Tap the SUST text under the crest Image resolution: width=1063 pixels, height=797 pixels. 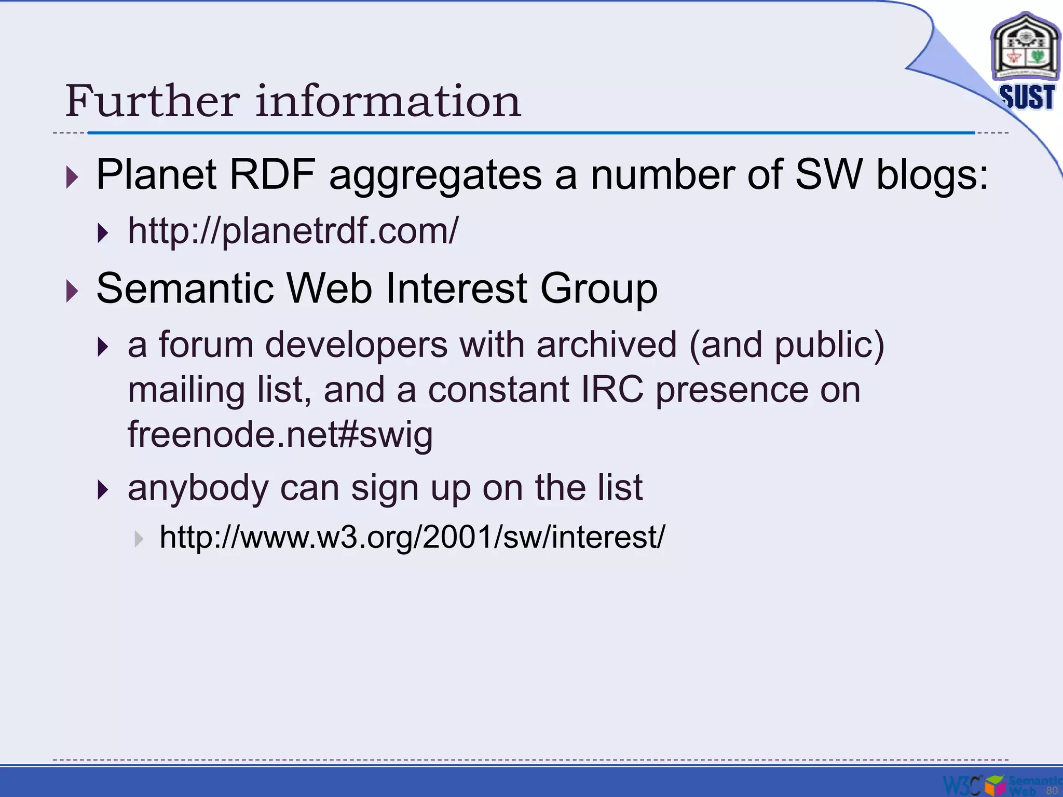(x=1027, y=98)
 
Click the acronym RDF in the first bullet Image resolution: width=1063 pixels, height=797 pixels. (x=272, y=175)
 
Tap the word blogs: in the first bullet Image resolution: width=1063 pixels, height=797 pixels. (x=932, y=175)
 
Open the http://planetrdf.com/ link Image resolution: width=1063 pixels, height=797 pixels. (x=293, y=231)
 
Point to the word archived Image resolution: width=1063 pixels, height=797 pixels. (x=606, y=345)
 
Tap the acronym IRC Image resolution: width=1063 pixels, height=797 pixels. (x=612, y=390)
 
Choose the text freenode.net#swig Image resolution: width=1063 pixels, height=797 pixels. (x=280, y=434)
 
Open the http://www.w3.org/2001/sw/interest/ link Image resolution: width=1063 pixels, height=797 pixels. (x=412, y=537)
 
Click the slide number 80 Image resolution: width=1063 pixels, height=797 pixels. (x=1052, y=790)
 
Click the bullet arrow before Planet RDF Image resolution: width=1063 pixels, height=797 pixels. (x=72, y=177)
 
